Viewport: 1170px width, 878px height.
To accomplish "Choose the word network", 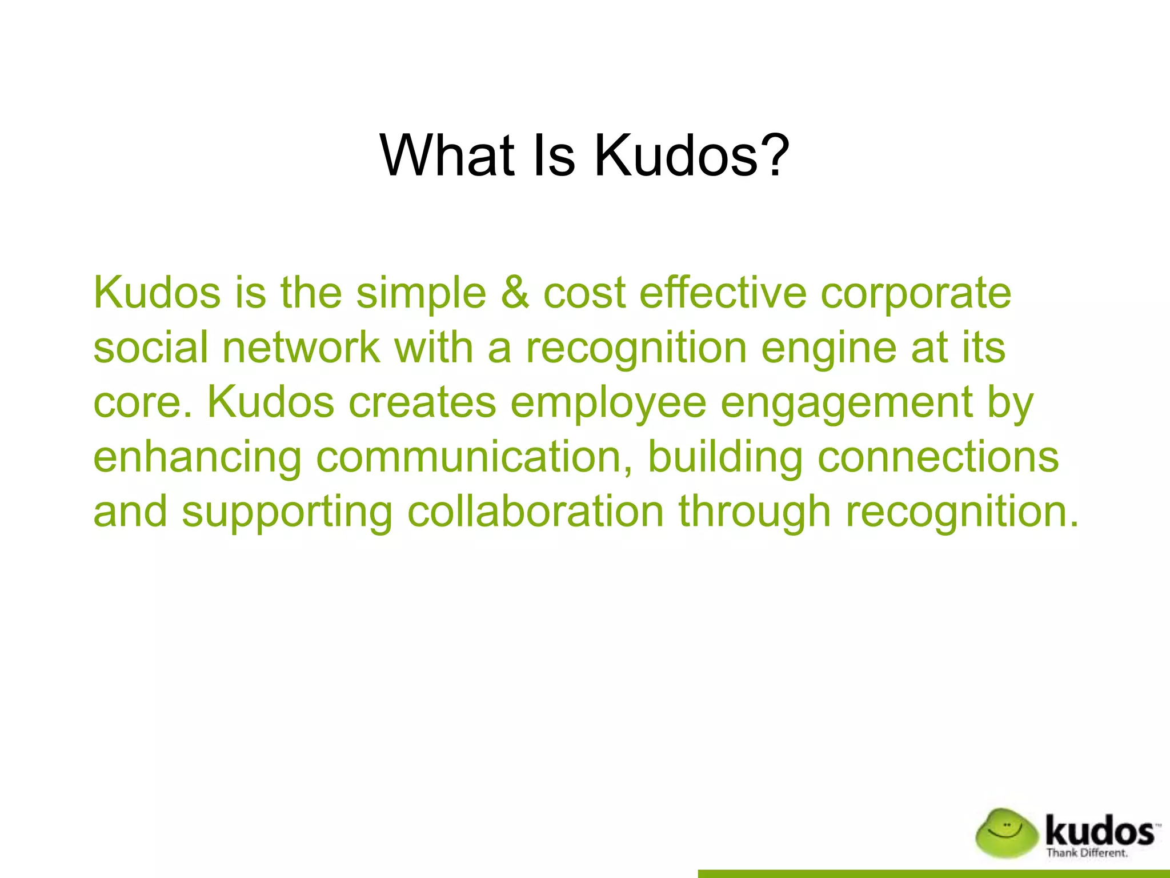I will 301,347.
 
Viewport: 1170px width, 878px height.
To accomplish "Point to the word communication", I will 475,457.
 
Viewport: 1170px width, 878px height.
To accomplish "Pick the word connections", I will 939,457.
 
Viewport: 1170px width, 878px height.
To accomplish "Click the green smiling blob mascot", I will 1006,833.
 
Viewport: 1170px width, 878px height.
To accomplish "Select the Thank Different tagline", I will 1087,853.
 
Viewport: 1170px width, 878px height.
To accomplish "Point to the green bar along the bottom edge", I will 933,873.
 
